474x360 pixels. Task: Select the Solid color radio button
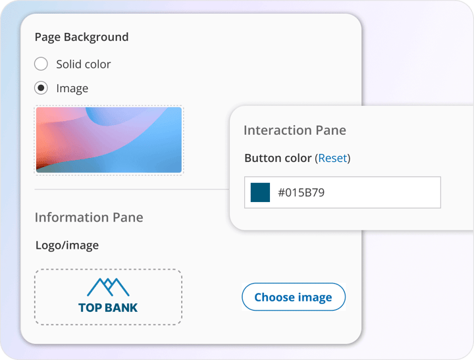click(41, 64)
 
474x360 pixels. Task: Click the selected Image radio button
click(41, 88)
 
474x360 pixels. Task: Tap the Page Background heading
click(81, 37)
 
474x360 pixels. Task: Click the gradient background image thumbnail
click(109, 140)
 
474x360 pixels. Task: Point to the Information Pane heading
click(88, 217)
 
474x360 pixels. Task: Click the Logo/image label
click(66, 245)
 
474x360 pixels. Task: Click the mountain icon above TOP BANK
click(108, 286)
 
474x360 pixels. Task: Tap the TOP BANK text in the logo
click(108, 307)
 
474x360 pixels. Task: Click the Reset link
click(332, 158)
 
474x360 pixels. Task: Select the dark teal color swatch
click(260, 193)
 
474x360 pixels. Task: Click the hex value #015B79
click(301, 193)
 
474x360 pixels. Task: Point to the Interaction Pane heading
click(294, 130)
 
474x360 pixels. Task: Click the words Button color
click(278, 158)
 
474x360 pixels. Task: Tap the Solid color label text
click(83, 64)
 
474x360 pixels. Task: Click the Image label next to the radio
click(72, 88)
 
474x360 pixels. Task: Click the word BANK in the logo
click(121, 307)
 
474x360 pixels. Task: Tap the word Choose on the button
click(273, 297)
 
